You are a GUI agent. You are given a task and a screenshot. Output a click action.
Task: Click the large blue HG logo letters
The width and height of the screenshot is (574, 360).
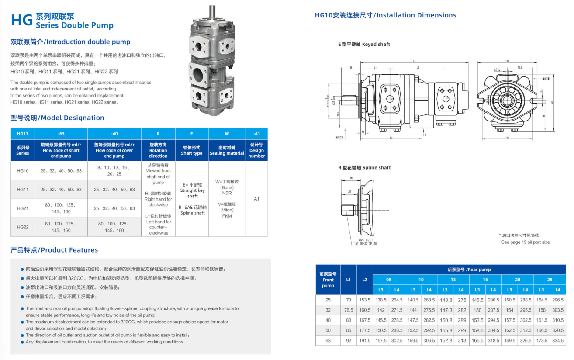[22, 20]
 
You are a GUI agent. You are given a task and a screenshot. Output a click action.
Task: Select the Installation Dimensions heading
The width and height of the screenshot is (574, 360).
[385, 15]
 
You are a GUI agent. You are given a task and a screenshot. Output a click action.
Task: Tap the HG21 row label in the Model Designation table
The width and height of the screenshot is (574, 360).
[23, 208]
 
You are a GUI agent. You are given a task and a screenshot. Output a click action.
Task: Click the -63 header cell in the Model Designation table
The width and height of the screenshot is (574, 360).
[61, 134]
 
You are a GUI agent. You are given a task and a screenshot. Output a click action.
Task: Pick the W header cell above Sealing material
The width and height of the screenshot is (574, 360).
[227, 134]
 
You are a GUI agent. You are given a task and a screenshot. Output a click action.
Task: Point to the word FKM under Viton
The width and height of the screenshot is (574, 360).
[227, 216]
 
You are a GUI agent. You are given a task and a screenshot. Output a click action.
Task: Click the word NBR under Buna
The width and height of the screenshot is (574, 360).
[227, 193]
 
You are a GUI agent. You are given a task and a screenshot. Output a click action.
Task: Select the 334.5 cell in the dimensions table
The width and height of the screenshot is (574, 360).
[557, 341]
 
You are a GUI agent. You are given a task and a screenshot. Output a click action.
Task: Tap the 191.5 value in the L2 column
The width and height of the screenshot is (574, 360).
[365, 341]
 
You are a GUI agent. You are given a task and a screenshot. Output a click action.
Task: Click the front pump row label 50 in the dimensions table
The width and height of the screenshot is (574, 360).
[328, 330]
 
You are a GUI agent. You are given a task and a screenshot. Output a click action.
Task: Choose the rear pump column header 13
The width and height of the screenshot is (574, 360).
[453, 280]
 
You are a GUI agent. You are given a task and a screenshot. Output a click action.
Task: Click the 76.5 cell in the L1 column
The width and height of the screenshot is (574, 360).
[348, 310]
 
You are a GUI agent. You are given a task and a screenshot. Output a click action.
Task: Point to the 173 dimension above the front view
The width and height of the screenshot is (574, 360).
[507, 62]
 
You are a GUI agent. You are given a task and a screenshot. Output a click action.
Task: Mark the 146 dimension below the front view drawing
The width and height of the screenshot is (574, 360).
[507, 138]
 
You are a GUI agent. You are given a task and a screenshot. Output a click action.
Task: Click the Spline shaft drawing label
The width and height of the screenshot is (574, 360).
[364, 168]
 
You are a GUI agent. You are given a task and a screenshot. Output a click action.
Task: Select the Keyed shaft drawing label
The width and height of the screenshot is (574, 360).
[364, 45]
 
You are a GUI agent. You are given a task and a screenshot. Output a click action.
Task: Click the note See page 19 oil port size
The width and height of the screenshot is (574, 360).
[525, 242]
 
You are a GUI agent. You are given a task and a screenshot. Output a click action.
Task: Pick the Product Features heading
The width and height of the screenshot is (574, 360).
[54, 250]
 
